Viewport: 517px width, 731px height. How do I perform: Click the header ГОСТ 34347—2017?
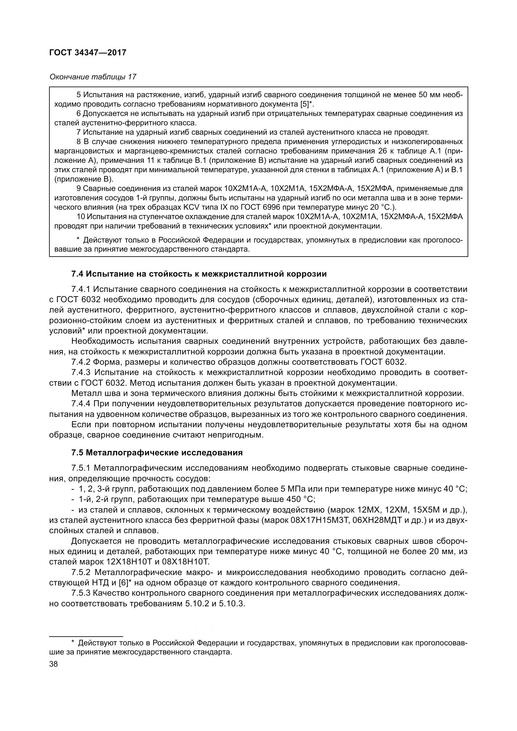(88, 53)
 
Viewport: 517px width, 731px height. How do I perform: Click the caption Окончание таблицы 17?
(93, 77)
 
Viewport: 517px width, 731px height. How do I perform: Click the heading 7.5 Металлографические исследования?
(157, 453)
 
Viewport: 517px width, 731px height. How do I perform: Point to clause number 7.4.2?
(81, 362)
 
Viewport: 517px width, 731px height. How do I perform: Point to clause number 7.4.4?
(81, 404)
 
